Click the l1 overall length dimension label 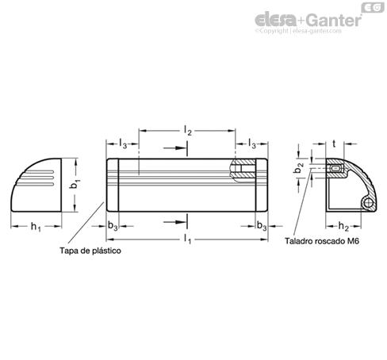[187, 239]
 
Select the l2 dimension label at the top [188, 131]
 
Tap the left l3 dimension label [123, 144]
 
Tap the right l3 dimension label [252, 144]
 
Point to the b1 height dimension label [75, 184]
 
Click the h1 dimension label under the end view [36, 227]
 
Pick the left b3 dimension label [113, 226]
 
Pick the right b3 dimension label [262, 226]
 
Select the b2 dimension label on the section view [299, 168]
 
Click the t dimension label [334, 144]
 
